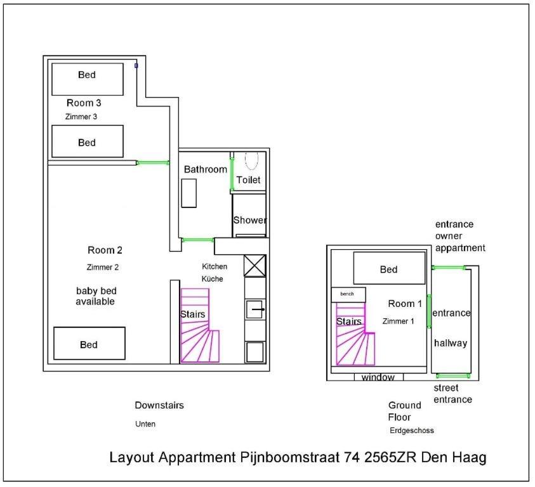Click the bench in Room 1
pyautogui.click(x=348, y=295)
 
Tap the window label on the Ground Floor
pyautogui.click(x=378, y=377)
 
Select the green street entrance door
pyautogui.click(x=453, y=376)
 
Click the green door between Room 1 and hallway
pyautogui.click(x=429, y=311)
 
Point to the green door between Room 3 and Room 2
pyautogui.click(x=152, y=163)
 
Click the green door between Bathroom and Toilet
pyautogui.click(x=232, y=172)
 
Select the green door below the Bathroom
pyautogui.click(x=197, y=240)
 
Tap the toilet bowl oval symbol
pyautogui.click(x=251, y=160)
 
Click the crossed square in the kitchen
pyautogui.click(x=254, y=265)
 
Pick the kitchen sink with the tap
pyautogui.click(x=255, y=309)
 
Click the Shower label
pyautogui.click(x=250, y=220)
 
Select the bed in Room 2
pyautogui.click(x=89, y=344)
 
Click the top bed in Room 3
pyautogui.click(x=88, y=79)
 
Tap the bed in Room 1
pyautogui.click(x=389, y=268)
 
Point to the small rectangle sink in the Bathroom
pyautogui.click(x=188, y=193)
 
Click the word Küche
pyautogui.click(x=212, y=279)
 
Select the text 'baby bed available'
pyautogui.click(x=96, y=296)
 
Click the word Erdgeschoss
pyautogui.click(x=412, y=431)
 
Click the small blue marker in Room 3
pyautogui.click(x=136, y=65)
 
